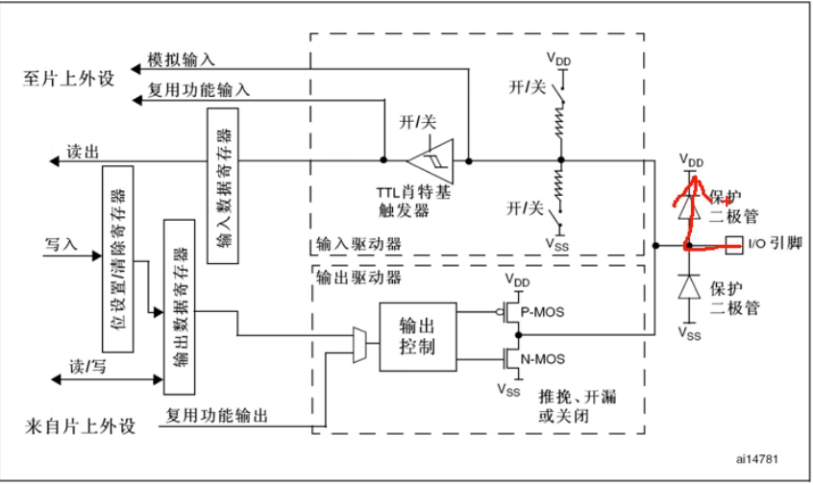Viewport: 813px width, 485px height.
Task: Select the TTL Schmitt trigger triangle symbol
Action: (x=430, y=160)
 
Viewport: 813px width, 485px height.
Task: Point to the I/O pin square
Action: (x=734, y=245)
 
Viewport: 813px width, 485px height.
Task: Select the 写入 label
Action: (x=61, y=245)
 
